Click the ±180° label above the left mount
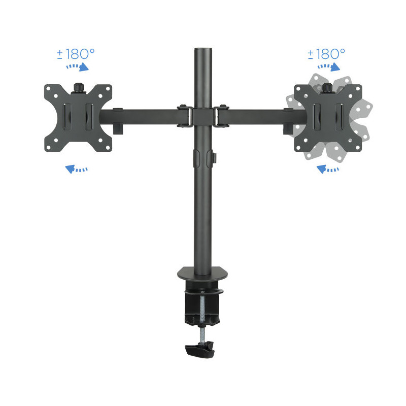coord(76,54)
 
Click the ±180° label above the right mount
coord(326,54)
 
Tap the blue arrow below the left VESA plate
coord(76,169)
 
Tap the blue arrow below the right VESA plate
coord(327,169)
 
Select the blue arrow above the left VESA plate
coord(78,66)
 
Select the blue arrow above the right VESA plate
coord(328,66)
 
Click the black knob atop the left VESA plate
coord(79,87)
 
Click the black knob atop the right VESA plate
coord(327,87)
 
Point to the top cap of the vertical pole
coord(203,49)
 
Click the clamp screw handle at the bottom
coord(200,350)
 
